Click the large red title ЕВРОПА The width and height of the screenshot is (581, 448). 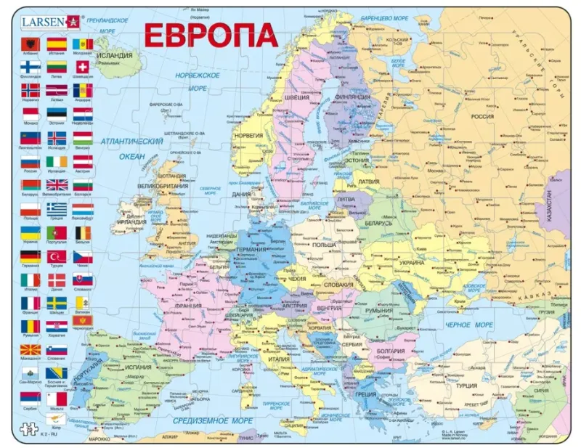pos(210,35)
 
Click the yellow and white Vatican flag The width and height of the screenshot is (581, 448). pos(82,302)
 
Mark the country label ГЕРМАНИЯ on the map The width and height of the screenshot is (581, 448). pos(254,249)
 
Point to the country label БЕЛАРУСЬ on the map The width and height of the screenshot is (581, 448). pos(378,223)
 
